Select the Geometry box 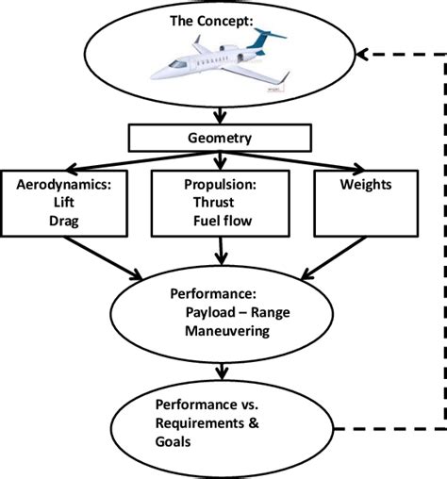tap(220, 137)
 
